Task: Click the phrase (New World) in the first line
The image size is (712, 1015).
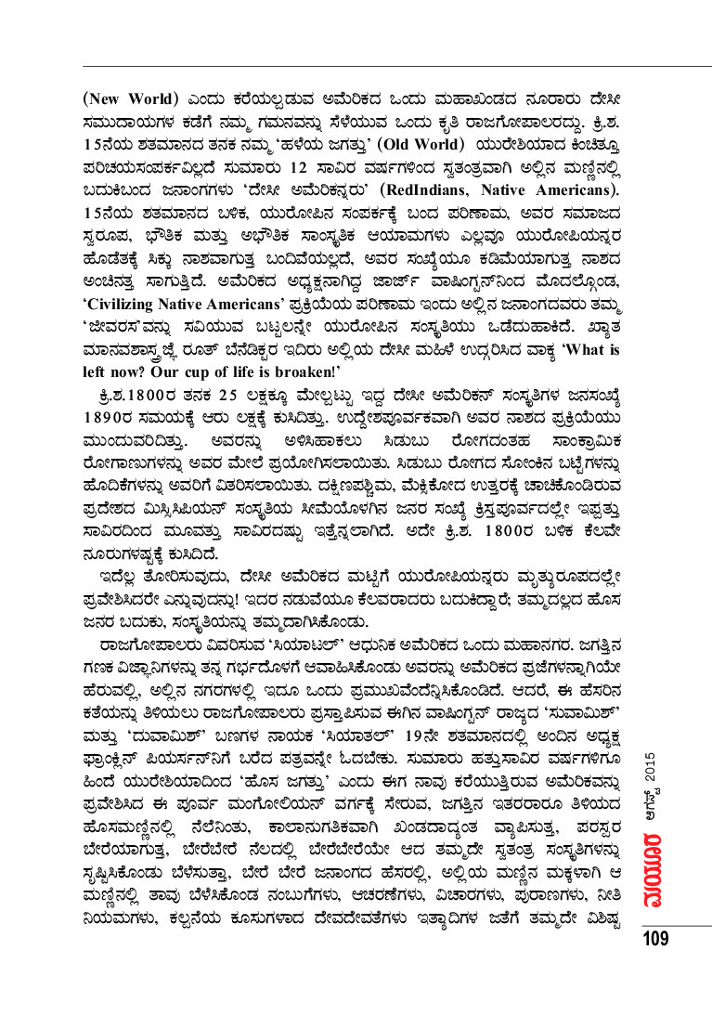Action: [131, 99]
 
